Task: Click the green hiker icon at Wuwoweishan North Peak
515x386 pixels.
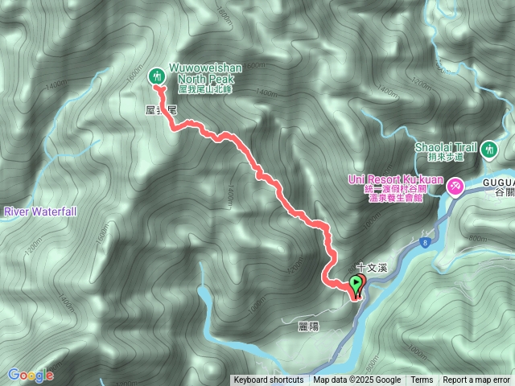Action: (x=158, y=76)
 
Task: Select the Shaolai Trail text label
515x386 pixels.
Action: (x=447, y=147)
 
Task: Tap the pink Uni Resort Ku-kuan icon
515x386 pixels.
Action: (x=455, y=187)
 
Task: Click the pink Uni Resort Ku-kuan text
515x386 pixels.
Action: (x=396, y=179)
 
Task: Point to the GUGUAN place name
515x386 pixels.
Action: (x=499, y=183)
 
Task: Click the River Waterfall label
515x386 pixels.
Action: (x=40, y=211)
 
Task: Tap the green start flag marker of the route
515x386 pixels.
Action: (x=355, y=283)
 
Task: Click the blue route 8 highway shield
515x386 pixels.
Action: (x=424, y=240)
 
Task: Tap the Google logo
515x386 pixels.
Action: (x=30, y=375)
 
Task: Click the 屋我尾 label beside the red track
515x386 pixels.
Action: (x=161, y=107)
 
